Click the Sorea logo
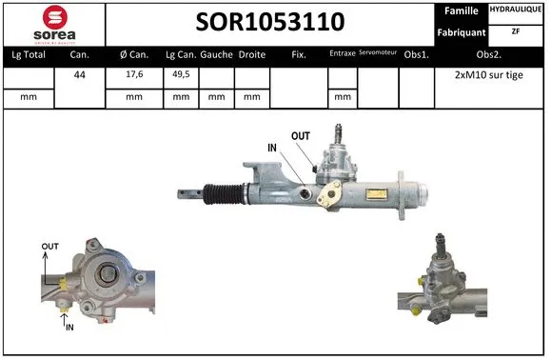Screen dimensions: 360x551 [54, 24]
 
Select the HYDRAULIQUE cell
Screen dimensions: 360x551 [517, 10]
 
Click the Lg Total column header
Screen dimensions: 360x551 [30, 55]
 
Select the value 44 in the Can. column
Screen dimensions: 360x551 [81, 75]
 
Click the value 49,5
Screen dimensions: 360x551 [179, 75]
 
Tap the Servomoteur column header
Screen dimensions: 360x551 [378, 54]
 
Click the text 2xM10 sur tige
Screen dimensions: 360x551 [488, 75]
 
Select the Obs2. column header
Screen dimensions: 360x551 [488, 55]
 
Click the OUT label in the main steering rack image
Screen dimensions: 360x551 [301, 136]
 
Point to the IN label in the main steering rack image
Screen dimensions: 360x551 [274, 148]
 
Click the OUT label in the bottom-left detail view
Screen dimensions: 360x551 [49, 247]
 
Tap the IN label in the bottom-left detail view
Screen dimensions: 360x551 [69, 327]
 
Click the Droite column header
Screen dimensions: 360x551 [251, 55]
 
